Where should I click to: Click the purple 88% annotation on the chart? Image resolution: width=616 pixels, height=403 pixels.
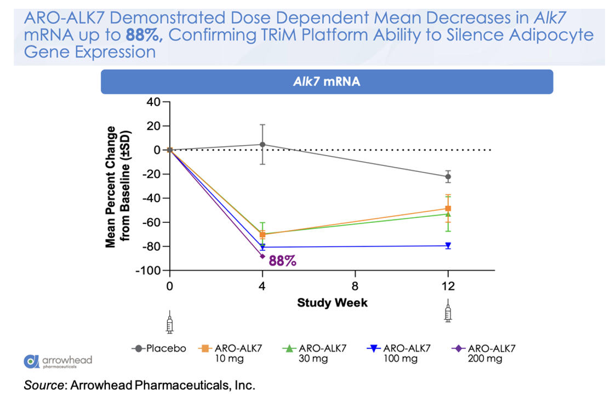(283, 261)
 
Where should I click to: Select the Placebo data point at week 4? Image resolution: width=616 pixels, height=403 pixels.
(263, 145)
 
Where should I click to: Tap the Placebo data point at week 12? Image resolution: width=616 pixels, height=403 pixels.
(448, 176)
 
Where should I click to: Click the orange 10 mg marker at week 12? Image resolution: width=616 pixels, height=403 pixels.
(448, 209)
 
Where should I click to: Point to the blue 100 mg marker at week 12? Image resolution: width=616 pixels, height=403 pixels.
(448, 245)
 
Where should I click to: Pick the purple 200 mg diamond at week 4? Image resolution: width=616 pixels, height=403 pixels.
(263, 256)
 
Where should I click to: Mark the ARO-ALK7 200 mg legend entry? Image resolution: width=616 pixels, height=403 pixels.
(482, 353)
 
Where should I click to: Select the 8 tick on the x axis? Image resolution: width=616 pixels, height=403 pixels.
(355, 286)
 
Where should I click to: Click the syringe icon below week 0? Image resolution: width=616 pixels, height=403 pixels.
(169, 324)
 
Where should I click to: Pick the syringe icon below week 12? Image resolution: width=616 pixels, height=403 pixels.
(448, 312)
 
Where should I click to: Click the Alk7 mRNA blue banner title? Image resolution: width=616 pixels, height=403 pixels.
(327, 82)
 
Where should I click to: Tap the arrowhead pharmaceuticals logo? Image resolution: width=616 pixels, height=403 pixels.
(59, 360)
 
